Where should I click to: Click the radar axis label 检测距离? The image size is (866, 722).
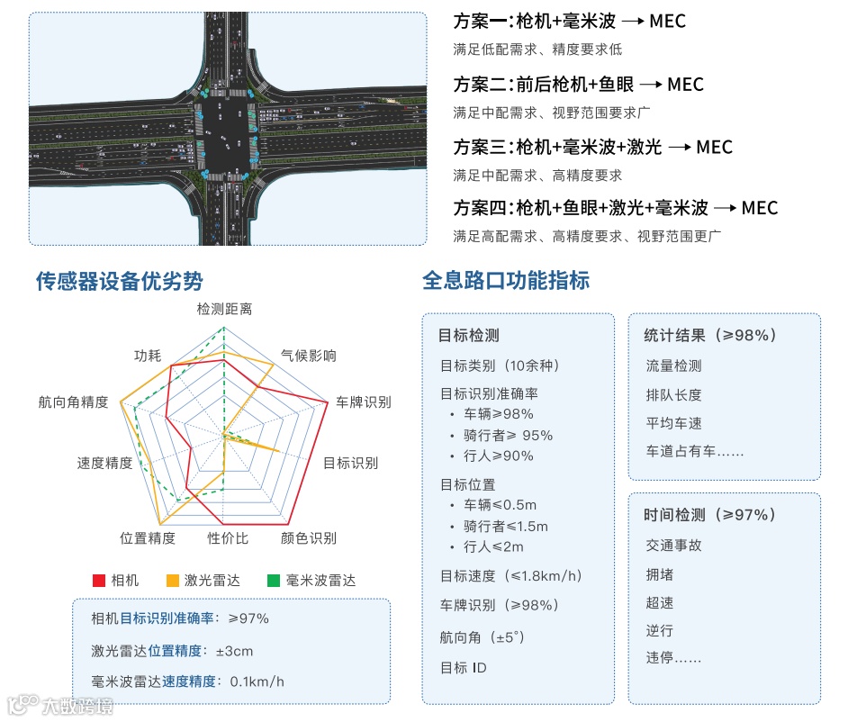point(224,309)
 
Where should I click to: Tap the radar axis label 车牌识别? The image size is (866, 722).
point(364,402)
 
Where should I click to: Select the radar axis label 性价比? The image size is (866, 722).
point(228,538)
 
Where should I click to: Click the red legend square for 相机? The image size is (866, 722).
point(99,581)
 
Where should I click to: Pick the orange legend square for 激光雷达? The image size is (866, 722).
point(173,581)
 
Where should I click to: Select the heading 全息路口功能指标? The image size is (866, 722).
point(506,280)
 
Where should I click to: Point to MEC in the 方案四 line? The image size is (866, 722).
point(760,208)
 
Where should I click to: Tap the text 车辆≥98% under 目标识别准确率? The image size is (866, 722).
point(499,414)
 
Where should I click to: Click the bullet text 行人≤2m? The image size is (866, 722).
point(493,546)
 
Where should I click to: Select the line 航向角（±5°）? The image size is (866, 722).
point(483,637)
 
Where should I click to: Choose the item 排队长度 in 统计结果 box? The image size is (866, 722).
point(673,394)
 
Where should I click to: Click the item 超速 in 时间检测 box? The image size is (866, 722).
point(659,602)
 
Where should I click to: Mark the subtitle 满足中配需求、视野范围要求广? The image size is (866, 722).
point(551,113)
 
